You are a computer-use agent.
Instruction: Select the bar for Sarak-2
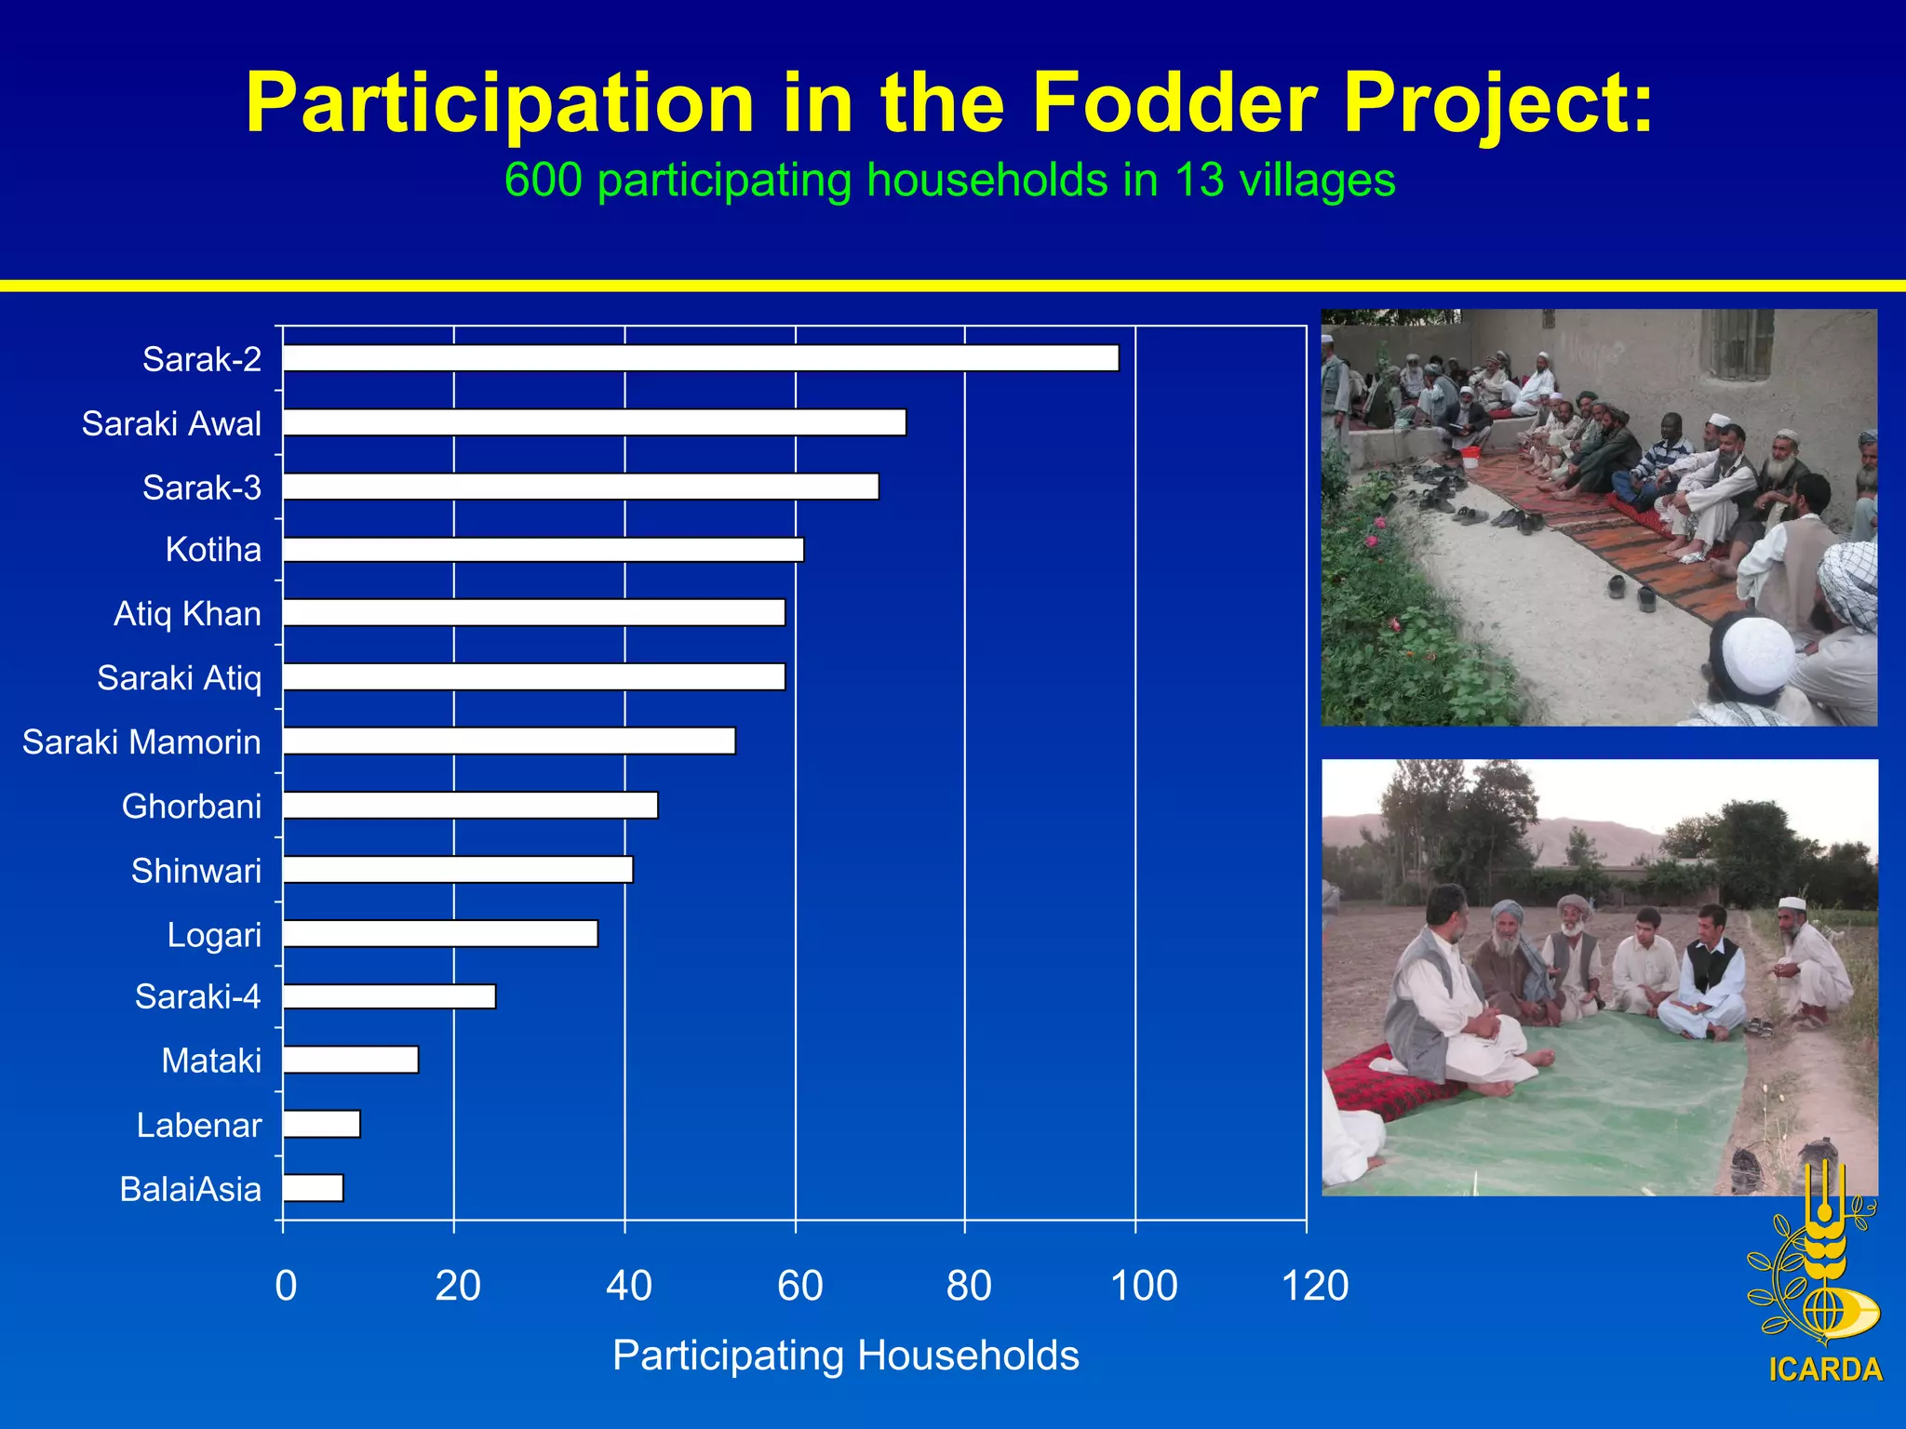(x=700, y=358)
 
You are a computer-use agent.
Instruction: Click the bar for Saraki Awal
(x=594, y=422)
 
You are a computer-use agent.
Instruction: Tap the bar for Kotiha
(x=543, y=550)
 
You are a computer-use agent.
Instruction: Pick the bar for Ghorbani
(x=470, y=805)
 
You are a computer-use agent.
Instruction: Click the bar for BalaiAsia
(x=313, y=1188)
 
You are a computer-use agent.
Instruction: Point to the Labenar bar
(x=321, y=1124)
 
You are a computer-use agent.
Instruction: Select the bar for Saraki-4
(x=389, y=996)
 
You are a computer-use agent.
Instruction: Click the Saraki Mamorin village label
(x=141, y=742)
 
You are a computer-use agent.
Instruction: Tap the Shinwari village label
(x=196, y=871)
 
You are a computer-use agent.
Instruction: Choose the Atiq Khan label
(x=187, y=614)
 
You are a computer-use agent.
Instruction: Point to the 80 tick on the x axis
(x=969, y=1286)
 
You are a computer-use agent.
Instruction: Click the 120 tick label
(x=1314, y=1286)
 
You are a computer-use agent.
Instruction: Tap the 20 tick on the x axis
(x=457, y=1286)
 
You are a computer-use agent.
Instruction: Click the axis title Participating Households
(x=845, y=1356)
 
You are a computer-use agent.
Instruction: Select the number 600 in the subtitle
(x=543, y=180)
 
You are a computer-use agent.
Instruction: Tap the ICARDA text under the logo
(x=1825, y=1370)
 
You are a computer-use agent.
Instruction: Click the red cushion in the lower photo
(x=1368, y=1084)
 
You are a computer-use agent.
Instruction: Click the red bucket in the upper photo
(x=1470, y=457)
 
